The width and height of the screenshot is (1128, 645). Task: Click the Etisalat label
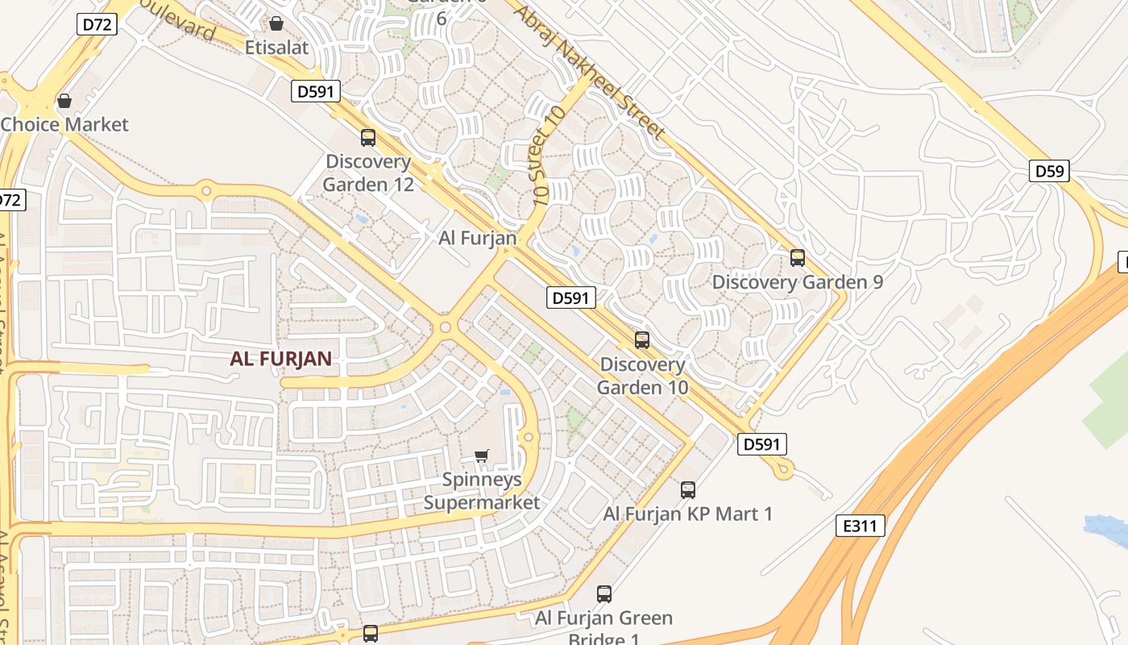pos(276,48)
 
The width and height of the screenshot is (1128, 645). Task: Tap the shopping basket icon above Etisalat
pos(276,23)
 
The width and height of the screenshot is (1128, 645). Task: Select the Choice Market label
pos(64,124)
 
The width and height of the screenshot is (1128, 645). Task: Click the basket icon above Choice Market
pos(64,101)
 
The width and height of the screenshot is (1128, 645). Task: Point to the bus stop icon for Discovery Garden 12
pos(368,138)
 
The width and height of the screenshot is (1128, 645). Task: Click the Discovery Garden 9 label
pos(797,282)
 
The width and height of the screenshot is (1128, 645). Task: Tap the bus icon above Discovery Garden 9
pos(798,258)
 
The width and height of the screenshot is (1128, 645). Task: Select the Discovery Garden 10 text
pos(643,376)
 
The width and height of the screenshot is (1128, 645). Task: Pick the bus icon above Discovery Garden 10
pos(642,340)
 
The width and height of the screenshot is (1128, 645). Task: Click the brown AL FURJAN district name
pos(281,360)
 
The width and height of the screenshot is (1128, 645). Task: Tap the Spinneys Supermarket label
pos(482,491)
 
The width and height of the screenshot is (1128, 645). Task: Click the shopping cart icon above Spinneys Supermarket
pos(482,456)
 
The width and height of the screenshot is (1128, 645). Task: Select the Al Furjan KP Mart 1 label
pos(687,514)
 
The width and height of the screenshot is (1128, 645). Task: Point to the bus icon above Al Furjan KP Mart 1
pos(688,489)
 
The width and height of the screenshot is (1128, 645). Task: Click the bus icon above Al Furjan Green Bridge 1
pos(604,594)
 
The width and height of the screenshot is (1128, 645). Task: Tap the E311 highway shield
pos(860,526)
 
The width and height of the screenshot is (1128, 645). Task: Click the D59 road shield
pos(1049,171)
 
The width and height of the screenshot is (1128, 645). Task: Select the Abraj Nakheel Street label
pos(590,72)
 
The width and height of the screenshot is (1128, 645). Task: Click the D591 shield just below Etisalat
pos(315,91)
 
